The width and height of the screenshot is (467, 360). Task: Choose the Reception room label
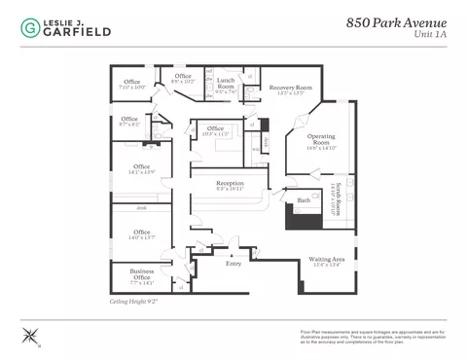click(230, 186)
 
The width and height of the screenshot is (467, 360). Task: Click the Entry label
click(233, 263)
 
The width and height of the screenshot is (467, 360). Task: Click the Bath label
click(304, 199)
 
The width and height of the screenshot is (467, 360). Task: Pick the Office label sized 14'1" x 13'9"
click(142, 169)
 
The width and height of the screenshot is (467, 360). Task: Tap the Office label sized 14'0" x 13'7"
click(142, 234)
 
